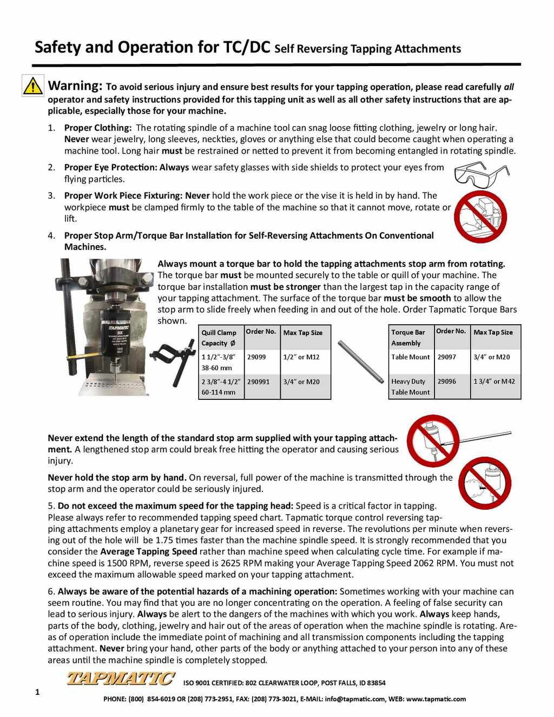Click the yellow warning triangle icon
tap(32, 86)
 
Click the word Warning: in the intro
tap(75, 86)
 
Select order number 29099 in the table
tap(256, 357)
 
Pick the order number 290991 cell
tap(258, 381)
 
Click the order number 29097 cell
tap(446, 357)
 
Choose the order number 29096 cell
tap(446, 381)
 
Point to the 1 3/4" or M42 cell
tap(494, 381)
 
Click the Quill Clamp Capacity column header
tap(219, 338)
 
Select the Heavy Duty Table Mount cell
tap(410, 387)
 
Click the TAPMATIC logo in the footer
tap(120, 678)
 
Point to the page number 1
tap(37, 692)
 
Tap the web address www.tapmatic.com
tap(436, 699)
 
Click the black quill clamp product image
tap(173, 358)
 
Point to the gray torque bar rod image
tap(360, 362)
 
